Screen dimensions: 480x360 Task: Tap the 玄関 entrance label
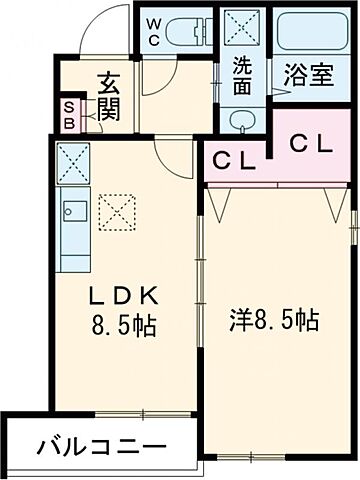[107, 95]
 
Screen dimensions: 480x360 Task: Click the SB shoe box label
[69, 116]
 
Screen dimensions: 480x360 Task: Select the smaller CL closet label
[232, 158]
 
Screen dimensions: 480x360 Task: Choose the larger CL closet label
[312, 144]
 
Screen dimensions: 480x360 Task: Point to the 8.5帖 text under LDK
[122, 325]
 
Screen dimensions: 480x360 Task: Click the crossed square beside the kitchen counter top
[72, 160]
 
